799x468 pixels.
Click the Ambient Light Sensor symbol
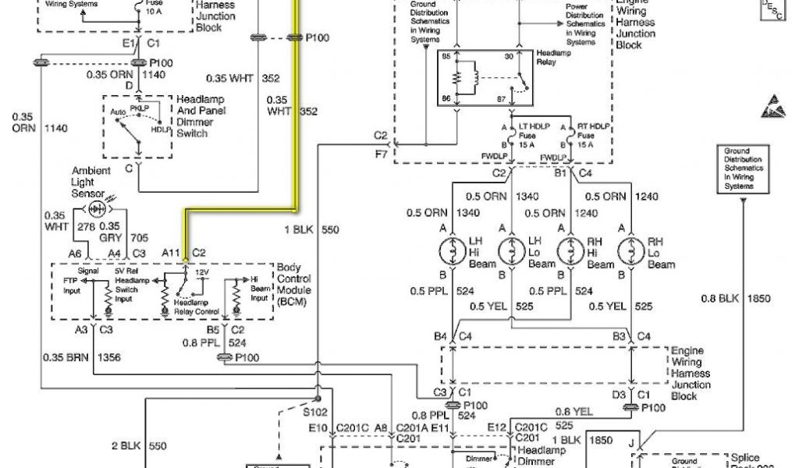coord(97,208)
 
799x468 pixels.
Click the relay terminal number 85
coord(447,57)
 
